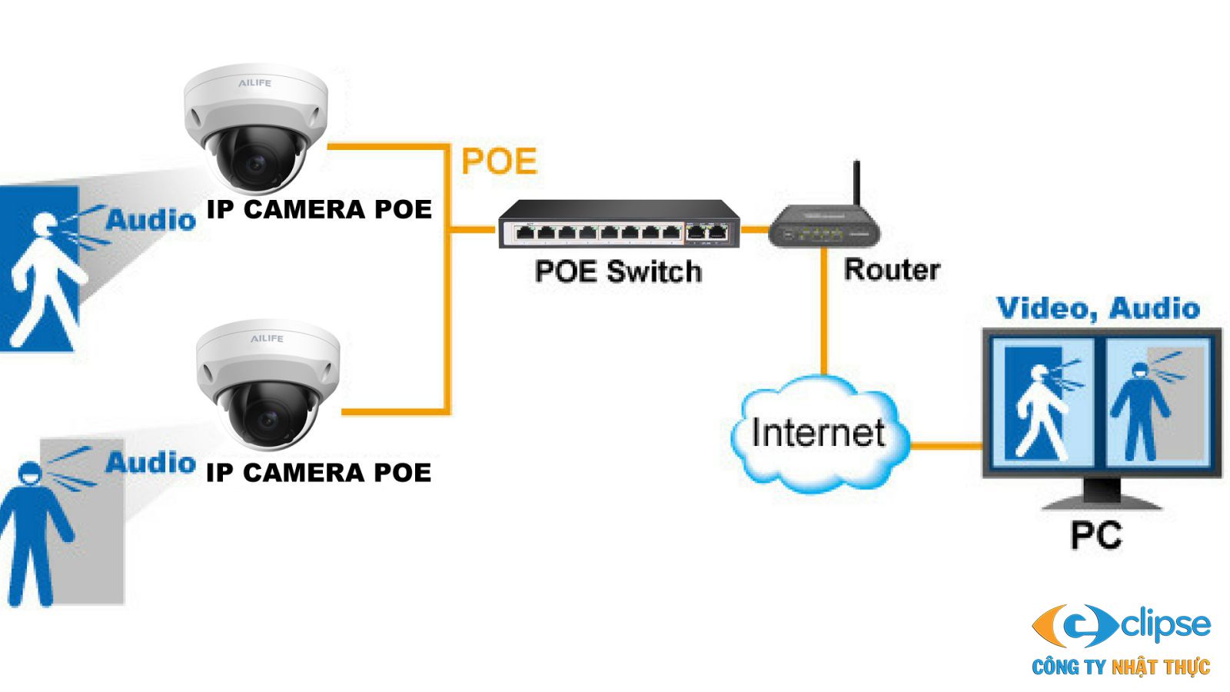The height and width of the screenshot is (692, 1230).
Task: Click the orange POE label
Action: pos(498,161)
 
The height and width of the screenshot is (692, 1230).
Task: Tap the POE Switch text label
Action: pos(618,271)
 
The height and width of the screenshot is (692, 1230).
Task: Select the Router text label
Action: pos(892,269)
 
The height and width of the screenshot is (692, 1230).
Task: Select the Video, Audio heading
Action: pos(1098,308)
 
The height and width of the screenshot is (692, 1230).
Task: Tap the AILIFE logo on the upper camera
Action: pos(254,82)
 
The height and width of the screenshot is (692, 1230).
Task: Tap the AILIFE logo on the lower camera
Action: pos(267,338)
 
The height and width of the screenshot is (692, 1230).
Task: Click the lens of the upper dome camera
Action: pos(254,163)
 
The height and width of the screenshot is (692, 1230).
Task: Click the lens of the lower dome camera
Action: pos(268,420)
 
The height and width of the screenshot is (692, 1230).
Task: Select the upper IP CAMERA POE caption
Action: pos(319,209)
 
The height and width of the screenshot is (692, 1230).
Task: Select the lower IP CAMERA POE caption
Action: pos(319,472)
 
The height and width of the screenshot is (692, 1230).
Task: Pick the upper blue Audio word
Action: pos(151,220)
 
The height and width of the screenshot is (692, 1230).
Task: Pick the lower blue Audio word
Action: pos(151,463)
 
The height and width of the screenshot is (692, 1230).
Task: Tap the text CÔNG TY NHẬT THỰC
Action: pos(1121,667)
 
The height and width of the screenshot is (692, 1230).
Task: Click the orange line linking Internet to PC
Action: pos(946,445)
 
